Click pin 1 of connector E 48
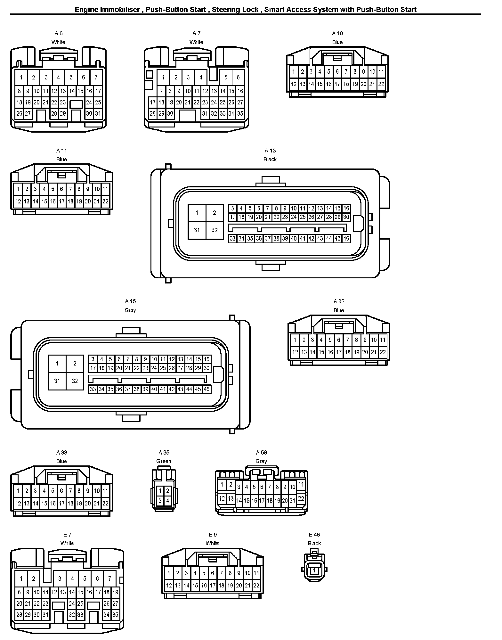click(x=314, y=570)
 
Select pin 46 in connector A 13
click(x=346, y=238)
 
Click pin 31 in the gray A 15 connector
click(x=57, y=381)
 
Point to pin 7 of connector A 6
click(x=96, y=77)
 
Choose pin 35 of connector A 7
click(x=240, y=113)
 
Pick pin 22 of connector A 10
click(x=381, y=84)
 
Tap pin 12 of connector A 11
click(x=18, y=201)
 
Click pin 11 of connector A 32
click(x=383, y=340)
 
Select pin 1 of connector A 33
click(x=18, y=491)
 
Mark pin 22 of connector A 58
click(x=301, y=498)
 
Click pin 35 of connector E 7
click(x=115, y=614)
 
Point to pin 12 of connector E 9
click(x=169, y=586)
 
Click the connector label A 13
click(x=270, y=151)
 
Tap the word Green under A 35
click(x=164, y=461)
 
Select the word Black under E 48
click(x=314, y=543)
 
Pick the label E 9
click(x=213, y=535)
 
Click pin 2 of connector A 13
click(x=215, y=213)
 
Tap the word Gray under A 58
click(x=261, y=461)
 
